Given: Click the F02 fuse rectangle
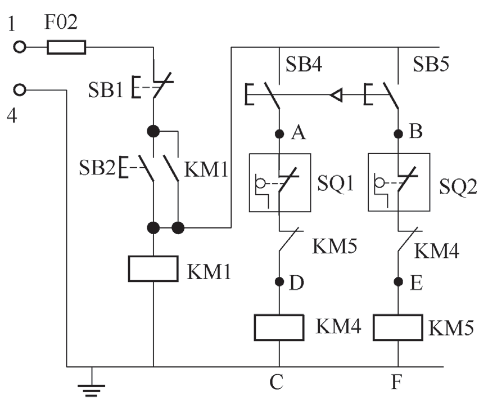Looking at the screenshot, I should pos(66,47).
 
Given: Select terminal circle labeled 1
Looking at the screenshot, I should pos(20,47).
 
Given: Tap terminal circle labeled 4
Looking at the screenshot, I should pos(20,89).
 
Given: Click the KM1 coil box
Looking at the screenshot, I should pos(153,268).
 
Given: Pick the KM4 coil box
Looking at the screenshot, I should pos(279,328).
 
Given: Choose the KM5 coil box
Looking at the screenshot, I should pos(398,328).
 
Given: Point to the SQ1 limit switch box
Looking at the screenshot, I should pos(279,182).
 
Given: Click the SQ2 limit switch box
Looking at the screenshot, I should pos(398,182).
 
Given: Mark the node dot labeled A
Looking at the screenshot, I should pos(279,134).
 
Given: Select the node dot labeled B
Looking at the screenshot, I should pos(398,134).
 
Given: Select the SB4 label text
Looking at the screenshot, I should pos(304,64).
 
